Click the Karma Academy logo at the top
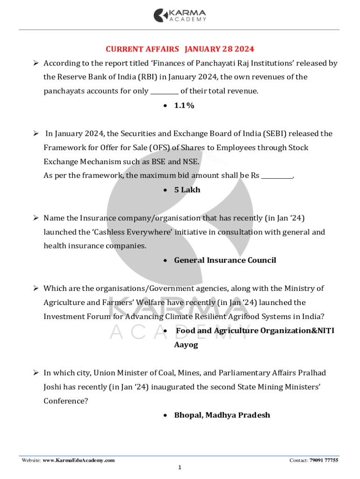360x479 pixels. [180, 15]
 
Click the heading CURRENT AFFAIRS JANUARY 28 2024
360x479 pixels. [180, 49]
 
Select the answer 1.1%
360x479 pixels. [184, 106]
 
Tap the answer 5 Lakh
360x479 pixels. [187, 190]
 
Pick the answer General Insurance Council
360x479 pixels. [225, 260]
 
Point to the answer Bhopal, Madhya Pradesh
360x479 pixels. [222, 415]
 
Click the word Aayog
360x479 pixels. [186, 345]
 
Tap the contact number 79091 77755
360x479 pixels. [324, 461]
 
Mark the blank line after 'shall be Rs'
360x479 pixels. [276, 176]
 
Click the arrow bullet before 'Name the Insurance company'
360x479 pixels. [35, 218]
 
